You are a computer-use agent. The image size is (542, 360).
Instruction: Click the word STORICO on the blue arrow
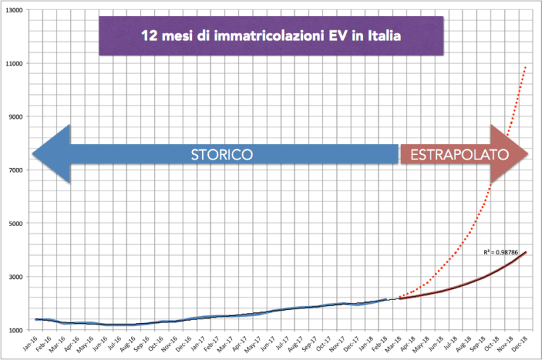coord(221,154)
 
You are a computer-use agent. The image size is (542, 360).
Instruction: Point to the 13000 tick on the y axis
coord(14,9)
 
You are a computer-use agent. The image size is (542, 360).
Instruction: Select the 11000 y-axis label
coord(14,63)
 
